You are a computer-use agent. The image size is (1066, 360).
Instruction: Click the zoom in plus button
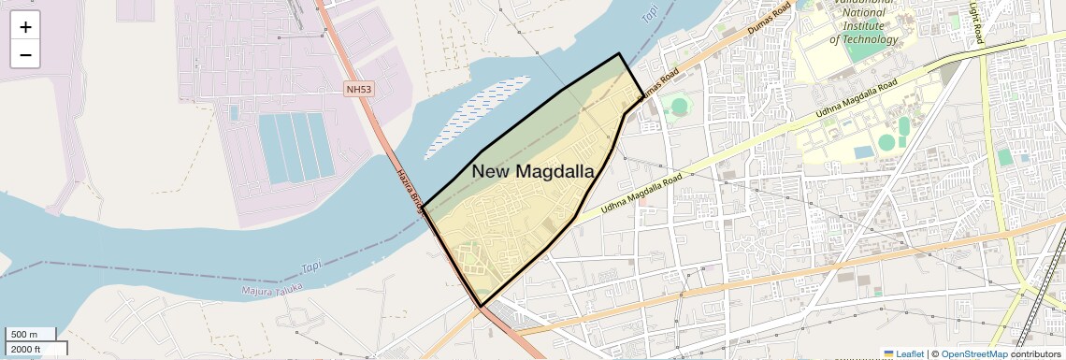point(25,27)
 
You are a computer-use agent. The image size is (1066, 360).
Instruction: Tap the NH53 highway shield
point(358,89)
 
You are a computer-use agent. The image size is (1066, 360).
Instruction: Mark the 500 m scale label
point(24,335)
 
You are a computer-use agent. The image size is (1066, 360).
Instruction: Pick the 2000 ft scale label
point(26,349)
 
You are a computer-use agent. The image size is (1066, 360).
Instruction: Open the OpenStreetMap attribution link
point(973,353)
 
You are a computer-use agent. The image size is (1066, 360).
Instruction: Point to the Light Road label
point(977,22)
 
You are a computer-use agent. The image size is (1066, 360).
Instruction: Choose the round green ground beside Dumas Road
point(680,106)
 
